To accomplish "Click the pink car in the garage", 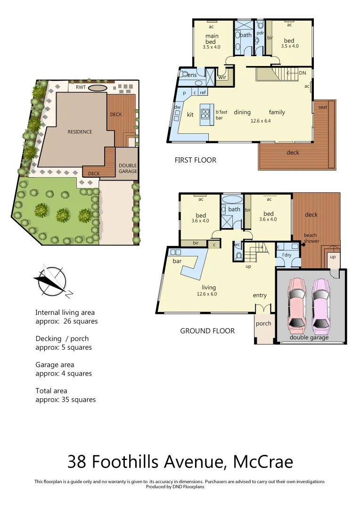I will [x=297, y=303].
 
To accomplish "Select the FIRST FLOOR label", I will [x=195, y=160].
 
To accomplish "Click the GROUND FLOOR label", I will [x=207, y=331].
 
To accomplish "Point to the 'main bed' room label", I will [x=211, y=39].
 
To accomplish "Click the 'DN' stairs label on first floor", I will [x=303, y=73].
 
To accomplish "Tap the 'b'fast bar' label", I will [x=221, y=115].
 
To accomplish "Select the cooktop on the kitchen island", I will [x=206, y=113].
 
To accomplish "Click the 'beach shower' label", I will [x=311, y=238].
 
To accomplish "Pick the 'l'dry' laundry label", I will [x=286, y=255].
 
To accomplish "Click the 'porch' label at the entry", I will [x=263, y=323].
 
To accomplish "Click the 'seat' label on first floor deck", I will [x=323, y=107].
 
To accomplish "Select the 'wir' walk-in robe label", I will [x=222, y=77].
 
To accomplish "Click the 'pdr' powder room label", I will [x=260, y=33].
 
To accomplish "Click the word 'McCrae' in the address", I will [x=263, y=461].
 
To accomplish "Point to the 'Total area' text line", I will [x=51, y=391].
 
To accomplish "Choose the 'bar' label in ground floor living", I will [x=177, y=261].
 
